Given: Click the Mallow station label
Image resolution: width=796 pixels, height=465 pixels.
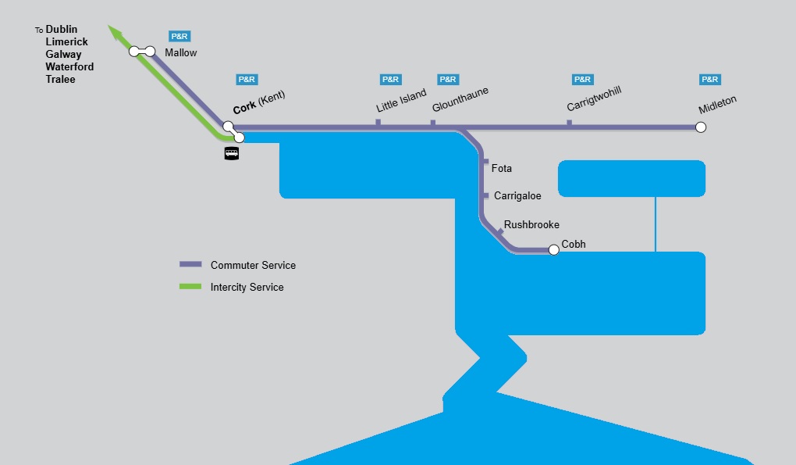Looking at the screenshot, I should [x=181, y=53].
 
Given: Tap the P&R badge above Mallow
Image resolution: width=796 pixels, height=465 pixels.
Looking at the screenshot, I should [x=180, y=36].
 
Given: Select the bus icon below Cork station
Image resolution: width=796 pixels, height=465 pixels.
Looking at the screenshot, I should [x=232, y=153].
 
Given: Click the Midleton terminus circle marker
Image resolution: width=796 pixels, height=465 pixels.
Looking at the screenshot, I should [x=701, y=127].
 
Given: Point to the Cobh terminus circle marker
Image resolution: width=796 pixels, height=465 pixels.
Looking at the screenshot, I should [x=554, y=250].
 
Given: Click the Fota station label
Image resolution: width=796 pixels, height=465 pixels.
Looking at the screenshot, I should [x=502, y=169].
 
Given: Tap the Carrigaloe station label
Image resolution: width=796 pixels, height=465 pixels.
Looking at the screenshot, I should [x=517, y=196].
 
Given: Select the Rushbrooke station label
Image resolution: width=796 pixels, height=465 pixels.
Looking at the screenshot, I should [x=531, y=225].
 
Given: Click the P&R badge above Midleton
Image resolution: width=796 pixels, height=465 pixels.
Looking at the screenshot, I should [x=710, y=80].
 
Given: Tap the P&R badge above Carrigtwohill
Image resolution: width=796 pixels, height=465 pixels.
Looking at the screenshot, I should [x=583, y=80].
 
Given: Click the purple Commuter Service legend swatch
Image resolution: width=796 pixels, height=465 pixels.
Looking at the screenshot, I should [x=191, y=265].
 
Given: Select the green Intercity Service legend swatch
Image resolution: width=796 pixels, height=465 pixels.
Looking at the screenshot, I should [x=191, y=287].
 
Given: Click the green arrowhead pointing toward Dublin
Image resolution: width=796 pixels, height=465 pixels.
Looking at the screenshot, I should [x=115, y=33].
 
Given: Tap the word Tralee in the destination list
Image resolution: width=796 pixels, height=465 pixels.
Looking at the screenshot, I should [x=60, y=80].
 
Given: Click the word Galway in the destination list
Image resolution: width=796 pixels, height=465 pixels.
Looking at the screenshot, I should [x=63, y=55].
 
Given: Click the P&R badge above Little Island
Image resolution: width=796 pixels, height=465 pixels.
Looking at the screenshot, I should [x=390, y=80].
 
